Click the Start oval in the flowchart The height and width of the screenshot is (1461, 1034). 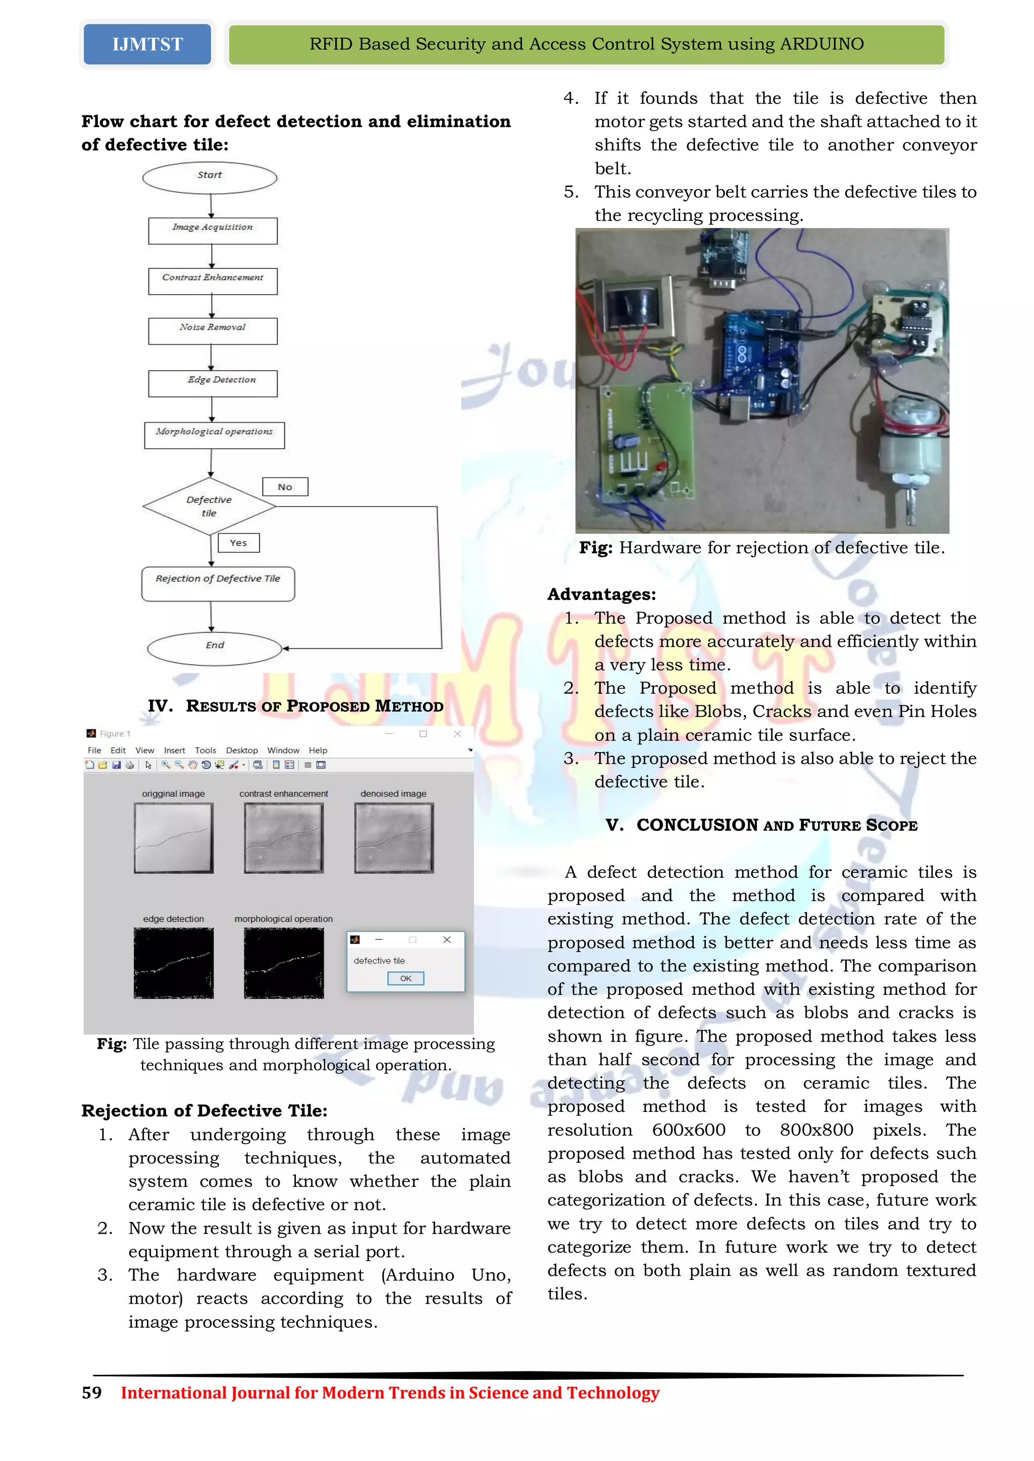tap(210, 178)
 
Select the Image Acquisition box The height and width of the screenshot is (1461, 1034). tap(213, 231)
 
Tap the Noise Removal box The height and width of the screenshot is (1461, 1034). tap(213, 331)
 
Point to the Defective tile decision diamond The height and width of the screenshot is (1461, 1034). tap(210, 507)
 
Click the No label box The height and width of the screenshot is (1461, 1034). tap(285, 487)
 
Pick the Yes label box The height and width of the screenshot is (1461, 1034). tap(239, 543)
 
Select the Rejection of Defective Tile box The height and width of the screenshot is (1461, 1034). tap(218, 584)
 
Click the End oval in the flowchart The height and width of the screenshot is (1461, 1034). tap(215, 648)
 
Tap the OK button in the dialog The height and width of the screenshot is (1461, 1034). tap(405, 978)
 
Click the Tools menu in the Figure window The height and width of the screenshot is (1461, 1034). tap(205, 750)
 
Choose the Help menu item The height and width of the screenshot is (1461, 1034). tap(318, 750)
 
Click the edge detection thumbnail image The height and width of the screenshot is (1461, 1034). tap(173, 963)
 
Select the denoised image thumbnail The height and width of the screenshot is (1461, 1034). tap(393, 837)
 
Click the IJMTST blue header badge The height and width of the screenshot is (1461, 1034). tap(147, 44)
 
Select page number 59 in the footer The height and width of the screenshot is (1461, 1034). tap(92, 1393)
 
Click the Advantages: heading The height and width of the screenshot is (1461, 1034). tap(601, 594)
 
